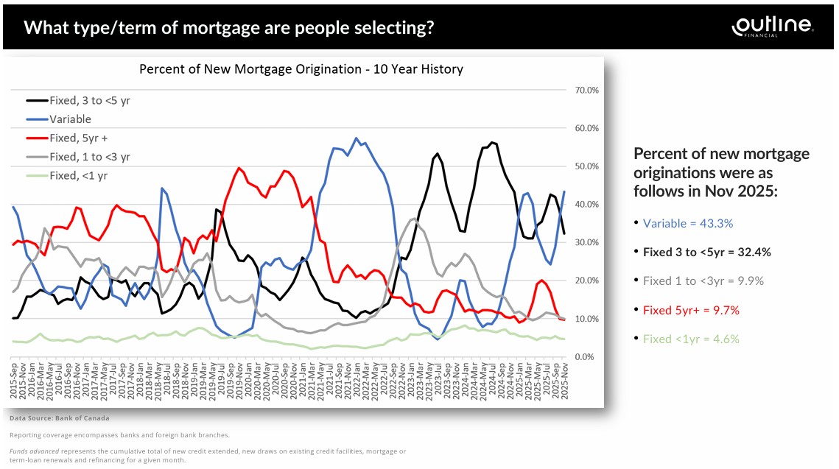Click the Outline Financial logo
(773, 26)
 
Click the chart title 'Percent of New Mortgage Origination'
(301, 69)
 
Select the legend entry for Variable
(70, 119)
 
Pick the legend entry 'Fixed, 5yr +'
(80, 138)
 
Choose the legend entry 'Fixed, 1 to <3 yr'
(90, 156)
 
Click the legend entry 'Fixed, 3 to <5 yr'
(90, 100)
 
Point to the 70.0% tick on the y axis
(580, 90)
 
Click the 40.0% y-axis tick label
(580, 204)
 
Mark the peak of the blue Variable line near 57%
(357, 138)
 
